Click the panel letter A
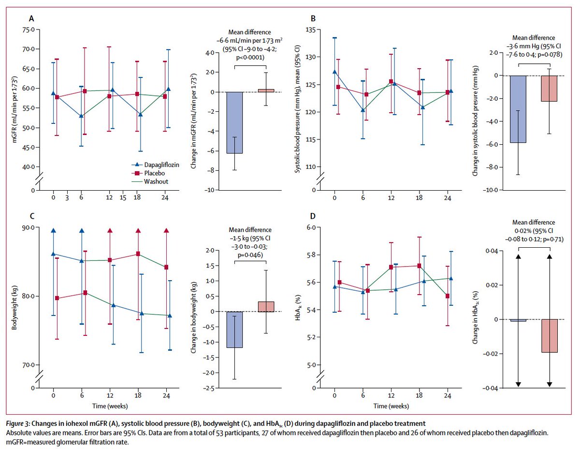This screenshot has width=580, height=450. pyautogui.click(x=31, y=19)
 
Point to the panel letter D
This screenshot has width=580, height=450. pyautogui.click(x=313, y=216)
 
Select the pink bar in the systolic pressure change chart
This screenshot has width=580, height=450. pyautogui.click(x=550, y=89)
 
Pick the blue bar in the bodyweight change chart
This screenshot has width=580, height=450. pyautogui.click(x=234, y=330)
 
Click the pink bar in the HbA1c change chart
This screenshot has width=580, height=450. pyautogui.click(x=550, y=336)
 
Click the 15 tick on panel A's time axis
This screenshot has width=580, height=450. pyautogui.click(x=124, y=197)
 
